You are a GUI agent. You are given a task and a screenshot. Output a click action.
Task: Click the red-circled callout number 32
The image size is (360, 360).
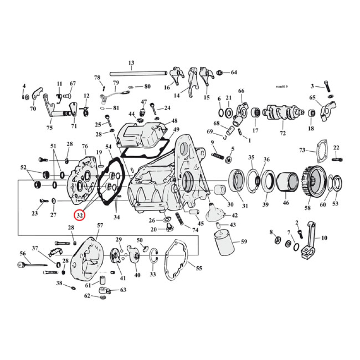point(80,216)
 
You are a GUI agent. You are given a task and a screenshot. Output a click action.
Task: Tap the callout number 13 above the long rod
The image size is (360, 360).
point(131,63)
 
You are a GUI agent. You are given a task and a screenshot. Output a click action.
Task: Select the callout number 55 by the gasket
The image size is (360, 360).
point(198,268)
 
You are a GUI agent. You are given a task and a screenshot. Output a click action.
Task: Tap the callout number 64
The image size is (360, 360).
point(234,72)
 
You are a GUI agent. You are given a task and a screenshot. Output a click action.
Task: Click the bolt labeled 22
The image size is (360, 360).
point(337,159)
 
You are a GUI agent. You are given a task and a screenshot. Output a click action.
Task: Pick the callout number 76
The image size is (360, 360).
point(84,146)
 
